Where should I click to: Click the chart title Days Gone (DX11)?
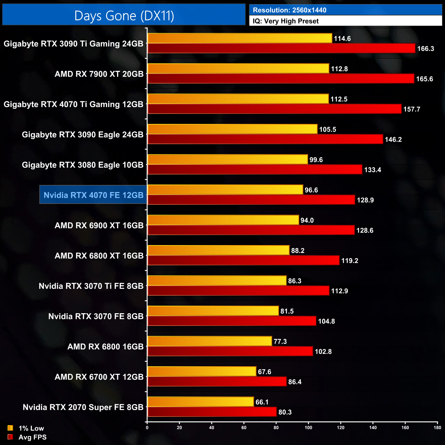coord(124,16)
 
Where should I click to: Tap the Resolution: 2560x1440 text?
coord(289,10)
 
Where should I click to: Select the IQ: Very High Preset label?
coord(285,21)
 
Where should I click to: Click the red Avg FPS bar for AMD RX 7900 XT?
coord(281,79)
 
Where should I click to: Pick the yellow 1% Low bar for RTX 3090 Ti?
coord(240,38)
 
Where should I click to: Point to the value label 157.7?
coord(411,110)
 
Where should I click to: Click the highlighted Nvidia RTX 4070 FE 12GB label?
coord(93,195)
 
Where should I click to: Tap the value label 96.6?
coord(311,190)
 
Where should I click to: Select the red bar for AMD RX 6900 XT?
coord(251,230)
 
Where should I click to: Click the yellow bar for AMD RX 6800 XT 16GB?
coord(218,251)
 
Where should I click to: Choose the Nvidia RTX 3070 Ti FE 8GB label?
coord(91,286)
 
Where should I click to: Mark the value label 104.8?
coord(326,321)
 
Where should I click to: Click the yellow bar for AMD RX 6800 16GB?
coord(209,341)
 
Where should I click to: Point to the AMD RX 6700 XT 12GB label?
coord(99,377)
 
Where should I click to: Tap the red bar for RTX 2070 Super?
coord(212,412)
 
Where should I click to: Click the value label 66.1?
coord(262,402)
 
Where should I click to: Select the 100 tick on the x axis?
coord(308,428)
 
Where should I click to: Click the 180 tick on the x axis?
coord(437,428)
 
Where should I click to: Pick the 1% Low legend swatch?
coord(10,428)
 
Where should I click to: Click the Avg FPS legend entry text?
coord(33,437)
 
